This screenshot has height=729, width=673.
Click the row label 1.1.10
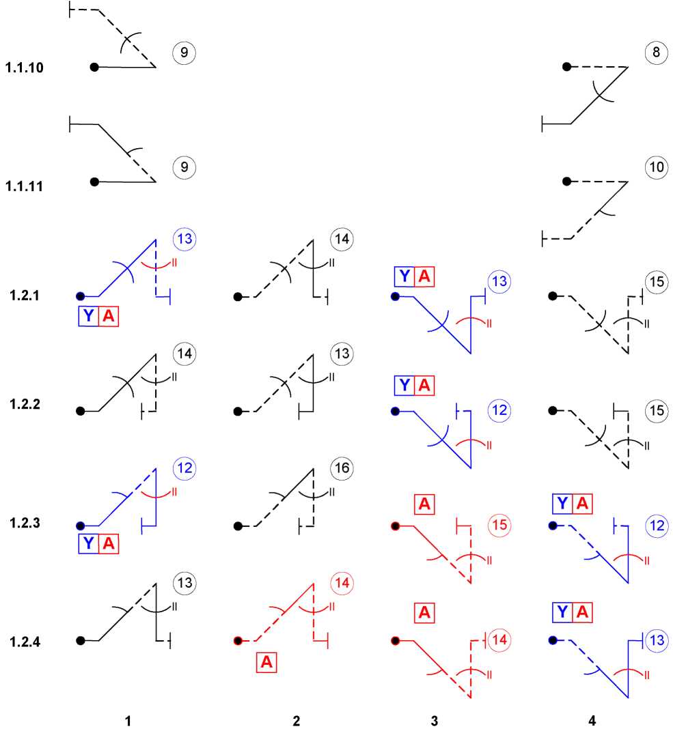[25, 68]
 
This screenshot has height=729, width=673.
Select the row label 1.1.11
[25, 185]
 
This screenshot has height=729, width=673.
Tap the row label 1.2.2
[25, 403]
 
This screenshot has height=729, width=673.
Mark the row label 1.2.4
[25, 641]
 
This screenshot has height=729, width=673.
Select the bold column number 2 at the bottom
[296, 721]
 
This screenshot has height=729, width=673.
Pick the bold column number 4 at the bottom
[592, 721]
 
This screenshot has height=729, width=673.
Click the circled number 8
[656, 52]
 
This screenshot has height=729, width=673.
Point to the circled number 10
[656, 167]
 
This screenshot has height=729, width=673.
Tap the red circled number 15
[499, 525]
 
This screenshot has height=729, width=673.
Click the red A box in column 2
[266, 662]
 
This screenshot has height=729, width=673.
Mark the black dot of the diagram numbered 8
[566, 66]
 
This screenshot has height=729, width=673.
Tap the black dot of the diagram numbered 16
[238, 526]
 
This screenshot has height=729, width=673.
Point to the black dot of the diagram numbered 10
[566, 181]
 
